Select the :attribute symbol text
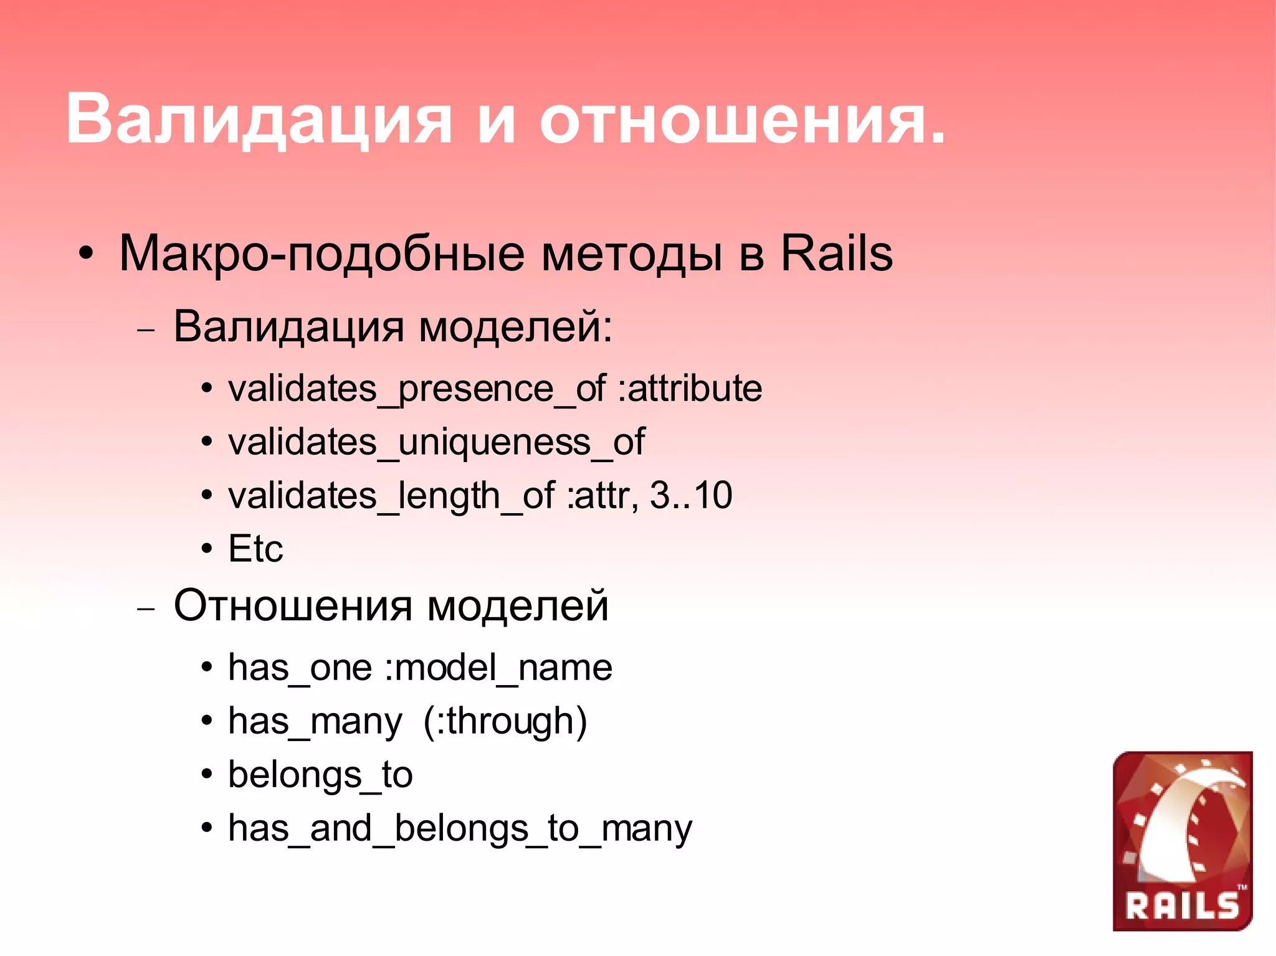pyautogui.click(x=690, y=389)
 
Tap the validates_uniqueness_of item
pyautogui.click(x=436, y=443)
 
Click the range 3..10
pyautogui.click(x=690, y=496)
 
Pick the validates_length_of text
pyautogui.click(x=391, y=496)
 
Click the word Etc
pyautogui.click(x=255, y=549)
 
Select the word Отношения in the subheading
pyautogui.click(x=293, y=605)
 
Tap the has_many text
pyautogui.click(x=315, y=722)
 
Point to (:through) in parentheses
pyautogui.click(x=505, y=722)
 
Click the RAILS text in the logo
pyautogui.click(x=1182, y=906)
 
